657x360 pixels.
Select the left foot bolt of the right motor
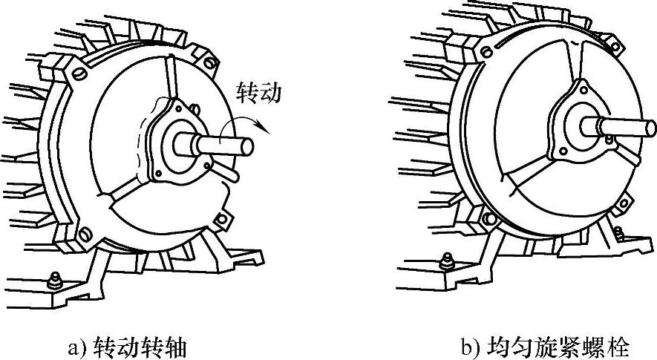(x=448, y=261)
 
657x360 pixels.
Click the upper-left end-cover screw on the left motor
(x=77, y=74)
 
